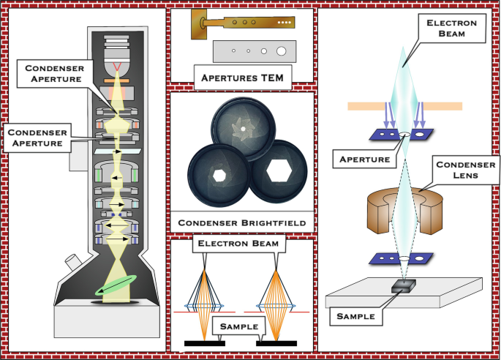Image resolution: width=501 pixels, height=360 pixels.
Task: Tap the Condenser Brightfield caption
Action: point(241,221)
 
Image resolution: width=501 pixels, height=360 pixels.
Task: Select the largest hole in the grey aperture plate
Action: point(282,51)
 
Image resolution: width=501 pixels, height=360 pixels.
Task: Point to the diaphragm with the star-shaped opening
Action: point(241,128)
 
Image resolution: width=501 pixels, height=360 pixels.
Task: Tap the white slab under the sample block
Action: point(439,300)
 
